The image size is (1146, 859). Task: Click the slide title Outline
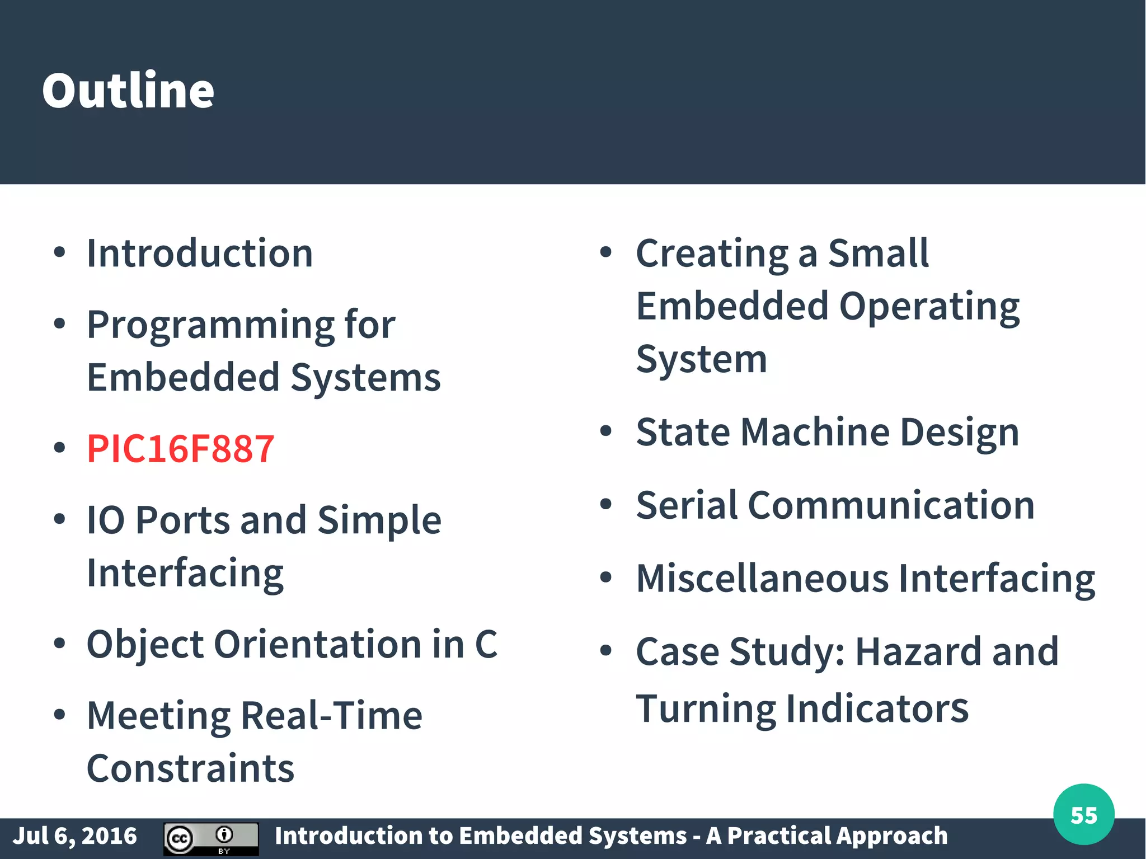[x=128, y=91]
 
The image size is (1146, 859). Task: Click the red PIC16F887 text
[x=180, y=449]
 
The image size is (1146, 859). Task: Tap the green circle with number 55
[x=1083, y=815]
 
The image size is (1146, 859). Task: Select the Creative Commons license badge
[x=211, y=838]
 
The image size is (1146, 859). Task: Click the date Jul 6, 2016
[x=74, y=836]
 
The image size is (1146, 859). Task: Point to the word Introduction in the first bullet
[x=200, y=254]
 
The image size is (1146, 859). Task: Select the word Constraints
[x=190, y=768]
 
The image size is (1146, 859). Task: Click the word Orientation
[x=317, y=644]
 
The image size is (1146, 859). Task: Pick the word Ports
[x=182, y=520]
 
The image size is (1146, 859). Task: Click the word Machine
[x=815, y=433]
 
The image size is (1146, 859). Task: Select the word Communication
[x=891, y=505]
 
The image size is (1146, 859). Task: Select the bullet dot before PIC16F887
[x=59, y=448]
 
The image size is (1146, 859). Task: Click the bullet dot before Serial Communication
[x=605, y=504]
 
